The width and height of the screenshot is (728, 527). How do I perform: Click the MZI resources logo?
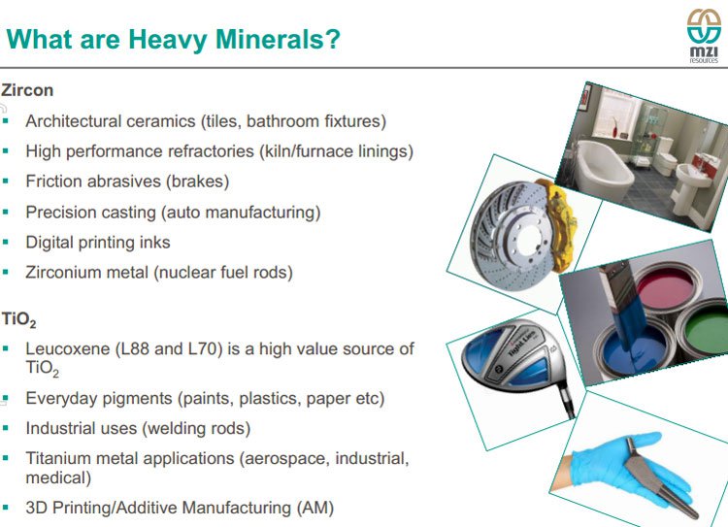[x=704, y=36]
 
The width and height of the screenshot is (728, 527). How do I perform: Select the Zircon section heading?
[x=27, y=90]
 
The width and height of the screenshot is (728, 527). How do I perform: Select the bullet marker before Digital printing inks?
[x=6, y=243]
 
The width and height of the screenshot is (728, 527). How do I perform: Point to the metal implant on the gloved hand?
[x=658, y=478]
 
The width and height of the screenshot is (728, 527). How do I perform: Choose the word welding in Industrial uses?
[x=172, y=429]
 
